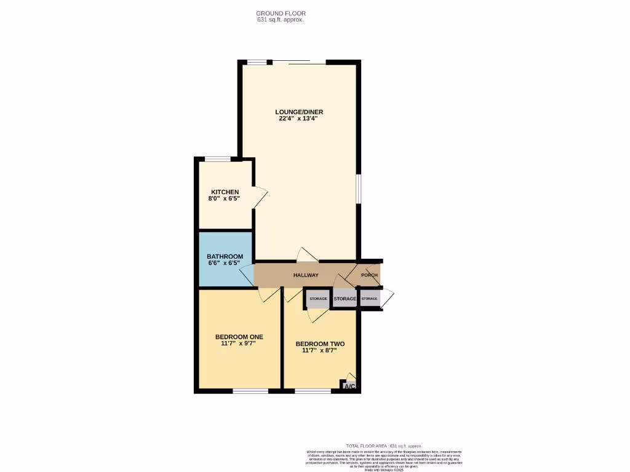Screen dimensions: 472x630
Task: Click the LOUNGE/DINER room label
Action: (x=299, y=112)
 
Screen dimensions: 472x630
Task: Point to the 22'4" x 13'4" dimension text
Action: (x=298, y=119)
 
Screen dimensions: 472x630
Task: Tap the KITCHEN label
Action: (x=225, y=192)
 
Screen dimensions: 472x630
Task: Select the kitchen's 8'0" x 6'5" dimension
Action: (x=225, y=199)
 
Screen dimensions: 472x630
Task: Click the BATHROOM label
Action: (x=225, y=256)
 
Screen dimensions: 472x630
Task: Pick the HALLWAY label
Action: (x=306, y=275)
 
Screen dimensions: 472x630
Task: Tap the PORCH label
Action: (x=369, y=275)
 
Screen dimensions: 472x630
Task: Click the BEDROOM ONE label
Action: (x=239, y=337)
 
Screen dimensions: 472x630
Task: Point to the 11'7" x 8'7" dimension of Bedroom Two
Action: (x=319, y=351)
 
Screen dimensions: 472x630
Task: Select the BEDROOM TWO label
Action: (x=319, y=344)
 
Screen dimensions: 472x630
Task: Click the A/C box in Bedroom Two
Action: (x=349, y=386)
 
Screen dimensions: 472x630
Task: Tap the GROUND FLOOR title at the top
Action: (x=281, y=13)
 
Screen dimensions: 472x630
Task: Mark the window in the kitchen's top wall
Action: (x=217, y=159)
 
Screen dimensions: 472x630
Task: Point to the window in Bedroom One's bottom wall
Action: (x=250, y=390)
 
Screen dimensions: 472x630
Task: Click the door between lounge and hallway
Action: (x=306, y=255)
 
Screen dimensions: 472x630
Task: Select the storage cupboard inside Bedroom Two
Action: (x=318, y=299)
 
